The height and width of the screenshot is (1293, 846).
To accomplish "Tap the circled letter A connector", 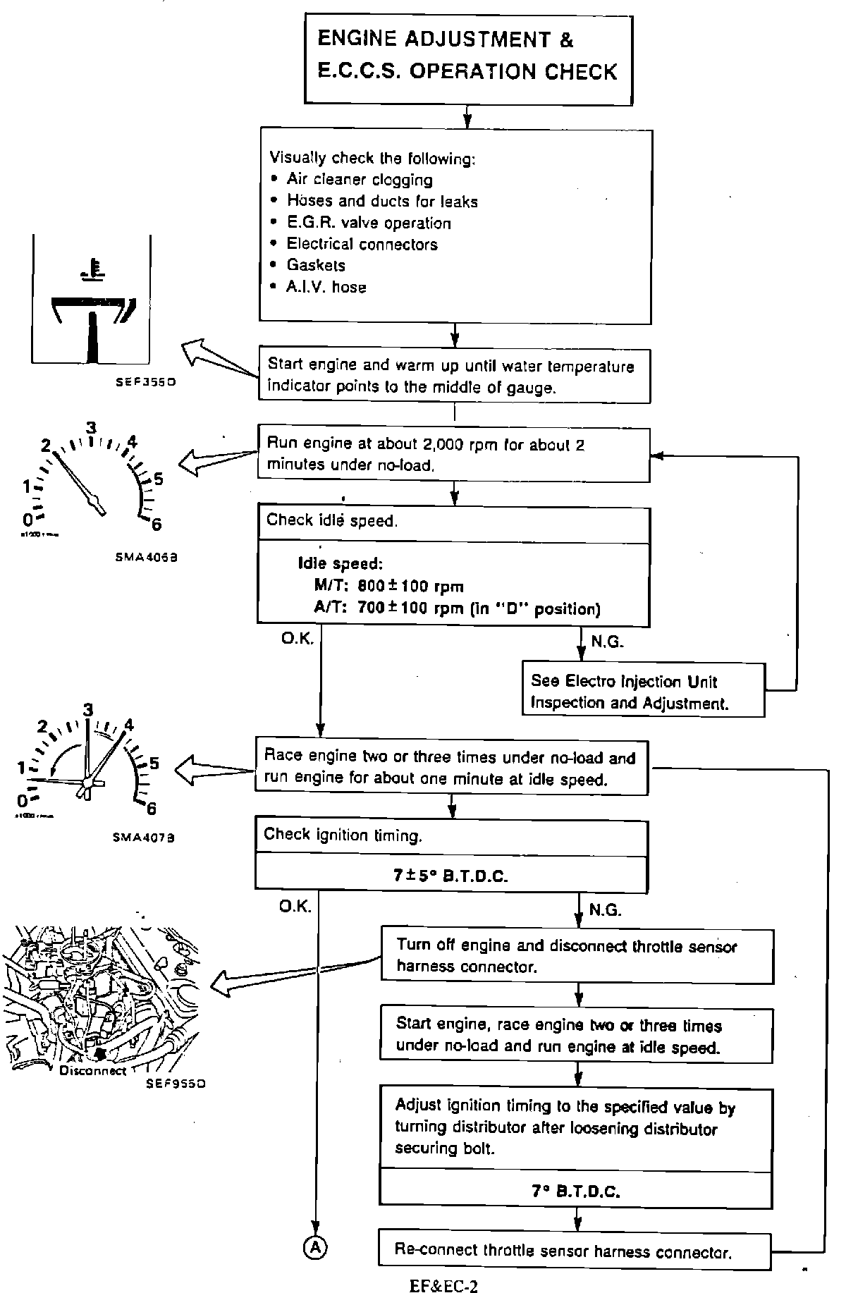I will point(315,1247).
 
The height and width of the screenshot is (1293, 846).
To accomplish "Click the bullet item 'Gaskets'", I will point(315,265).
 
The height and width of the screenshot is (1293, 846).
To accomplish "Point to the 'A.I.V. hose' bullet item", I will point(326,287).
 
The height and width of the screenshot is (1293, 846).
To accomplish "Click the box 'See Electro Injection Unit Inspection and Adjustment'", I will point(642,692).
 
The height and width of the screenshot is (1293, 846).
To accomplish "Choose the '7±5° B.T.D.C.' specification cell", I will point(451,876).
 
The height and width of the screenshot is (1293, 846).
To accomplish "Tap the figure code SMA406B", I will point(146,556).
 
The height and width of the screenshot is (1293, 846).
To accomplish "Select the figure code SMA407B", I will point(144,838).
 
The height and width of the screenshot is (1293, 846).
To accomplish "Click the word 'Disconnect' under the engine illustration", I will point(92,1070).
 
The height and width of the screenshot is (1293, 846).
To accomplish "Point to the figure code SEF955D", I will point(176,1083).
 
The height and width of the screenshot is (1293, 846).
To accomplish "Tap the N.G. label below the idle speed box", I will point(606,642).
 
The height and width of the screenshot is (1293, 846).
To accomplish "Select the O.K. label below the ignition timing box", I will point(295,907).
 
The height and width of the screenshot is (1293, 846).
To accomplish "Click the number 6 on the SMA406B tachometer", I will point(156,523).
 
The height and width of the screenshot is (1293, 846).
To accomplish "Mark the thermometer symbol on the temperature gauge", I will point(92,271).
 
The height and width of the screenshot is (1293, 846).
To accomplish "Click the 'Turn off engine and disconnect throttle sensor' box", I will point(577,956).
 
